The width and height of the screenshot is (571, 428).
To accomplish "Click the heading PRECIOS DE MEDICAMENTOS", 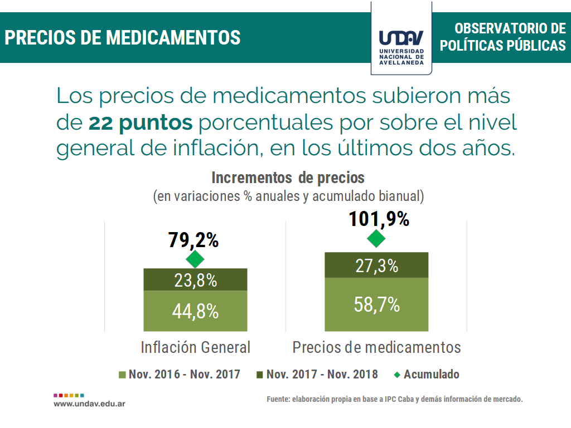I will (123, 37).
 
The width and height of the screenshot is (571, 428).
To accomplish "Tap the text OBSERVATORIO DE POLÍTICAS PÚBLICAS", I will (502, 37).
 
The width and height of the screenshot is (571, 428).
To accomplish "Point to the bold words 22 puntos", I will (141, 122).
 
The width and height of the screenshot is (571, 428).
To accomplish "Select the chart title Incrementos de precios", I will (288, 178).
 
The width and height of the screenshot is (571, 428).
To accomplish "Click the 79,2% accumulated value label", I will (193, 240).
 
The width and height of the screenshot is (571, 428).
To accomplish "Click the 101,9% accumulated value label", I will (379, 219).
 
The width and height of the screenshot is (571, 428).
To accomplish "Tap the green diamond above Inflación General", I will (195, 259).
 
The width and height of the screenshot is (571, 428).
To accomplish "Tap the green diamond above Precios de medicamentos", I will (376, 239).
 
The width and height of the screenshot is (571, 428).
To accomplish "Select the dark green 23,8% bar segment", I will (195, 280).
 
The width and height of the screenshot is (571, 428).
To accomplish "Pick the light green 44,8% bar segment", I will (195, 311).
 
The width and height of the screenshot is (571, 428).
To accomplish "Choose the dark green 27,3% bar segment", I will (376, 265).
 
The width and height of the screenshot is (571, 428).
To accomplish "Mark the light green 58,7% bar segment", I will (376, 305).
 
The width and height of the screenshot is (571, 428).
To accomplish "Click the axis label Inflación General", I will (196, 347).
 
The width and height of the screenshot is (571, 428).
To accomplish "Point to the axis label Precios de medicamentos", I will (376, 347).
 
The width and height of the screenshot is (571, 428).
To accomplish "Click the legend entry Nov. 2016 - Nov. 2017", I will (180, 375).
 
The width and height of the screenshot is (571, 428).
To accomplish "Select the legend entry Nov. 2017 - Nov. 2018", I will (317, 375).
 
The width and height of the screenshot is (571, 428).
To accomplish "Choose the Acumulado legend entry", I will (427, 375).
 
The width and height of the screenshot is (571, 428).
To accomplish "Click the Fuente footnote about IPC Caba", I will (394, 399).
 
